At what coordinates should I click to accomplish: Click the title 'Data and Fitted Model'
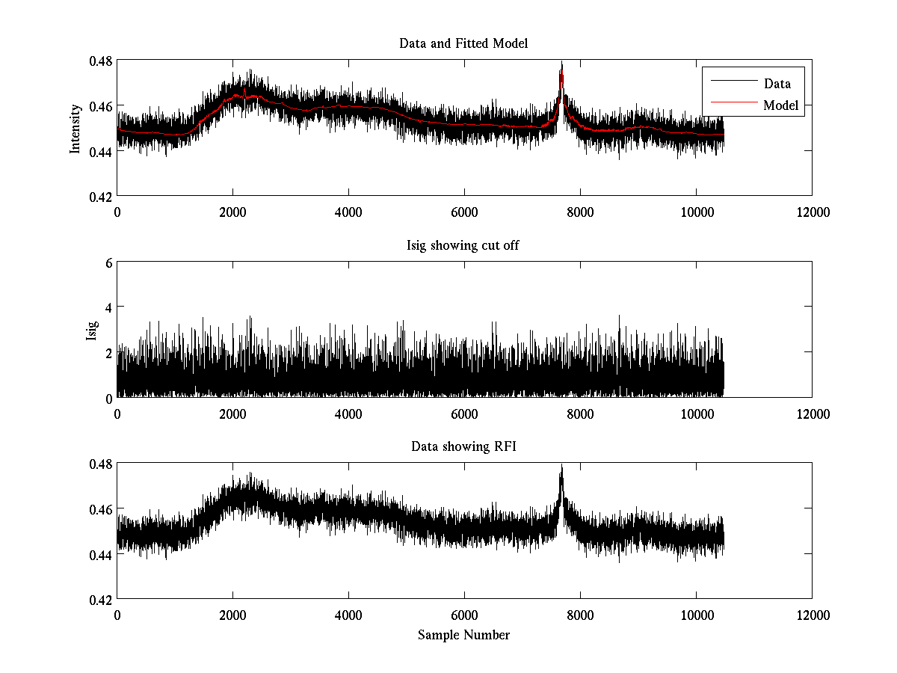[x=463, y=43]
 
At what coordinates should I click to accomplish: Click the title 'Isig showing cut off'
[x=463, y=245]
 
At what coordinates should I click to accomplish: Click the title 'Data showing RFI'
[x=463, y=447]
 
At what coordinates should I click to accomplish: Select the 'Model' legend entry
[x=780, y=105]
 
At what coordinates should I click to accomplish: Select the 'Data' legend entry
[x=777, y=83]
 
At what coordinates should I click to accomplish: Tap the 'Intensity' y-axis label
[x=75, y=128]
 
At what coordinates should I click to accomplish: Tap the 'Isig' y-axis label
[x=92, y=330]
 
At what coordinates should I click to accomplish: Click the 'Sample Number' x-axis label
[x=463, y=635]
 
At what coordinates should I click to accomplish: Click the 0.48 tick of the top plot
[x=102, y=61]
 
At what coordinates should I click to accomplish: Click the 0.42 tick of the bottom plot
[x=102, y=600]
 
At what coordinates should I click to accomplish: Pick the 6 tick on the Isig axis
[x=108, y=262]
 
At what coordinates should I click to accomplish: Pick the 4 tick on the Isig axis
[x=108, y=307]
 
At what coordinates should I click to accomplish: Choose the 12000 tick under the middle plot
[x=812, y=414]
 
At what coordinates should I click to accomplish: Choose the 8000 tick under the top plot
[x=580, y=212]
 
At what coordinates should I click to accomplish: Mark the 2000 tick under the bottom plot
[x=232, y=615]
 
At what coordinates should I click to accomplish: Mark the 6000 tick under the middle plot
[x=464, y=414]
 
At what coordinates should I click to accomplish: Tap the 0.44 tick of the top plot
[x=102, y=151]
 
